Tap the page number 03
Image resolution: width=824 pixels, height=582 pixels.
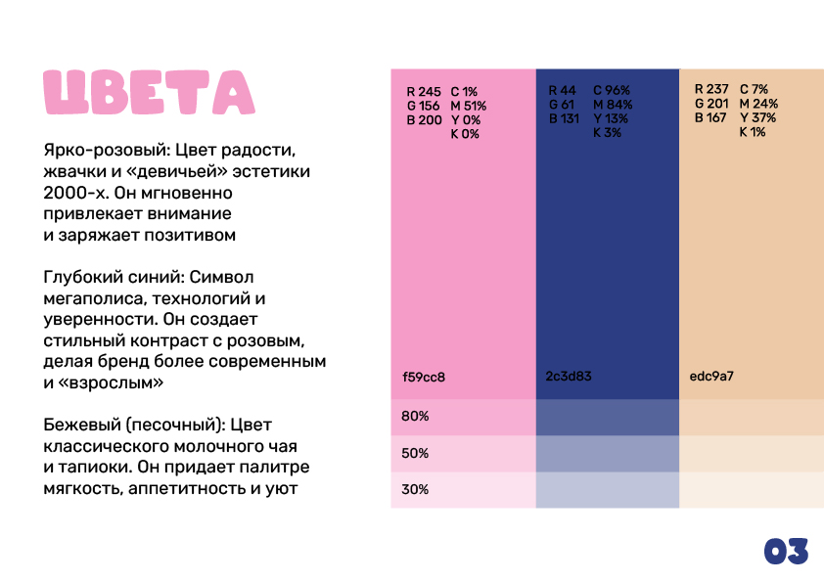786,552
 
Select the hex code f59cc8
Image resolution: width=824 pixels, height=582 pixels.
424,377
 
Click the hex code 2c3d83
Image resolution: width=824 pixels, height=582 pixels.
569,376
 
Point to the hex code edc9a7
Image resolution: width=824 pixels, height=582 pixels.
713,376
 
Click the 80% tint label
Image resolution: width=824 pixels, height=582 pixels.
416,417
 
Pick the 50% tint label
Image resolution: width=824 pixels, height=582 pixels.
416,453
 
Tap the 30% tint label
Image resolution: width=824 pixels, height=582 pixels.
416,489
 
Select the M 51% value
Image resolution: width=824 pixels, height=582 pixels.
469,106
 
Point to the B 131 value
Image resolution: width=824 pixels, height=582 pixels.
566,118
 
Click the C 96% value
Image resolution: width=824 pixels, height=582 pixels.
612,90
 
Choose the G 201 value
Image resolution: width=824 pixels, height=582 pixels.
711,103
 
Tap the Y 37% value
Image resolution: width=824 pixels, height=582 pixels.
757,117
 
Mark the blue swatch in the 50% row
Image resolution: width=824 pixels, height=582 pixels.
607,454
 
